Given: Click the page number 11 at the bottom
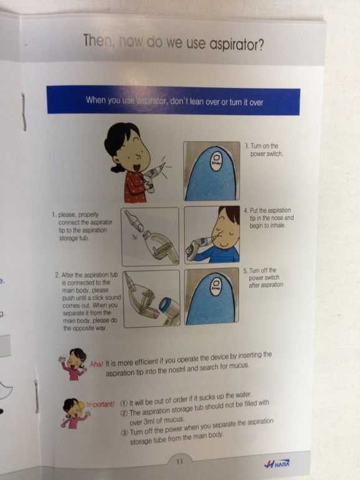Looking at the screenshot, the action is coord(179,461).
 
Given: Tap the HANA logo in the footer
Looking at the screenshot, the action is coord(277,464).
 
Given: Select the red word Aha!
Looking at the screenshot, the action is coord(97,364).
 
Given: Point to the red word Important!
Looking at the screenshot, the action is coord(100,405).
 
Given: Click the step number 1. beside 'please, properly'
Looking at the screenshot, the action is coord(54,214).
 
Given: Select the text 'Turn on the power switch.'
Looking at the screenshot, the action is coord(264,150).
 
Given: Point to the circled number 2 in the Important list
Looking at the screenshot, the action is coord(124,413).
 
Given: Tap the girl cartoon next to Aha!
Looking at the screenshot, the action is coord(73,364).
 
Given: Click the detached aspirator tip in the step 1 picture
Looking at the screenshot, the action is coord(133,221).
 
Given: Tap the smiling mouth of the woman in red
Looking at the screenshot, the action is coord(136,168).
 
